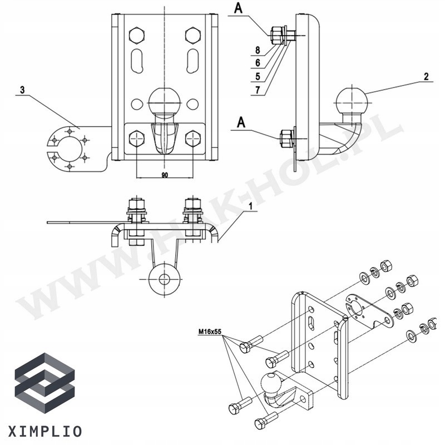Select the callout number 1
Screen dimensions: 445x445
coord(251,206)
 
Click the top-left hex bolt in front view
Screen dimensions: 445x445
coord(137,36)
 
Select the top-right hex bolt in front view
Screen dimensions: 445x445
coord(193,36)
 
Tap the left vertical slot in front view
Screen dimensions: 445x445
coord(137,60)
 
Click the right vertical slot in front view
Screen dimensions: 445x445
coord(193,60)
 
